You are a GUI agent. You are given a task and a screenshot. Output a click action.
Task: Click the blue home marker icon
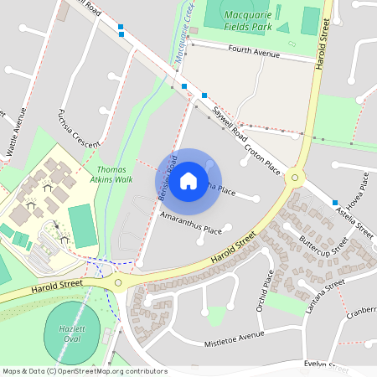188,180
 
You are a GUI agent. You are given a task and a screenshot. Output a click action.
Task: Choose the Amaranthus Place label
191,222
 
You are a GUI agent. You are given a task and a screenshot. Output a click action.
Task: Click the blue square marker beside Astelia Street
335,203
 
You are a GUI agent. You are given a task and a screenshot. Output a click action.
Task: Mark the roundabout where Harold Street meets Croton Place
294,178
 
